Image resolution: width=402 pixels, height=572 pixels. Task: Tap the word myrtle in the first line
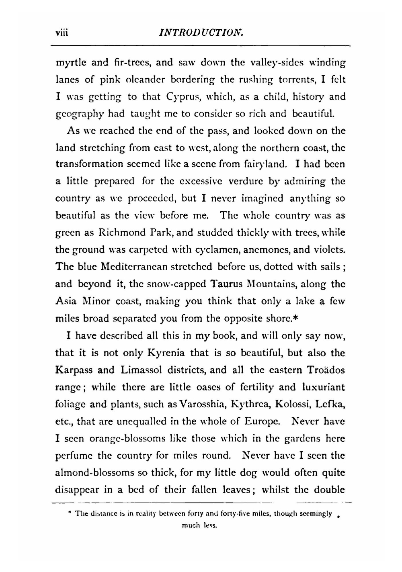tap(69, 63)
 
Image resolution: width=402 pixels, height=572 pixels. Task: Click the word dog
tap(248, 473)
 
